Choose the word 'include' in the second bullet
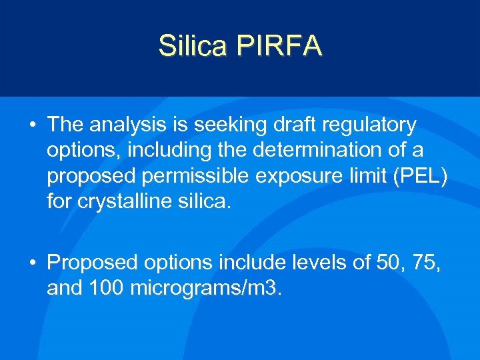pos(253,263)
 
